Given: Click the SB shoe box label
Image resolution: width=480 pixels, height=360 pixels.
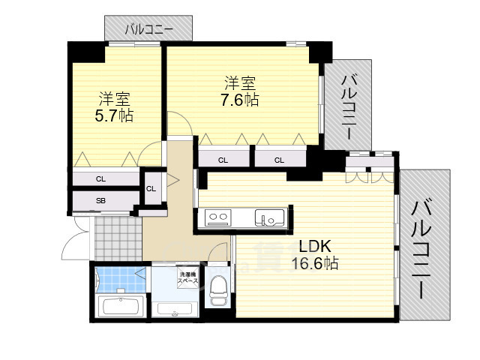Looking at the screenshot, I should (100, 201).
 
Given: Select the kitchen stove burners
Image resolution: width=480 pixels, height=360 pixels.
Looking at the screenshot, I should (218, 218).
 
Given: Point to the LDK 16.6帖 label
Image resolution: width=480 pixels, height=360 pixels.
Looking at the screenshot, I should (315, 255).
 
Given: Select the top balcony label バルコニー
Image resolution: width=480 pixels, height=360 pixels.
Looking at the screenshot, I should (148, 29).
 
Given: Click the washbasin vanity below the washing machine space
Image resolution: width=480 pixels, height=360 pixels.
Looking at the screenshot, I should (175, 308).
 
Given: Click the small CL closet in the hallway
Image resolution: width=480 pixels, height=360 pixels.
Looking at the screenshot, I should (151, 188).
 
